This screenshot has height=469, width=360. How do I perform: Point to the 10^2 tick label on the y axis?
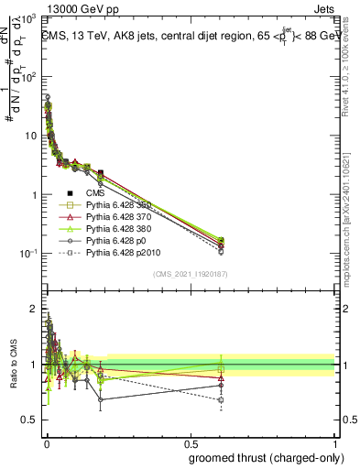[29, 77]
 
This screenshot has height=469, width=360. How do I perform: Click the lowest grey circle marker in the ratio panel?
[101, 399]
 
